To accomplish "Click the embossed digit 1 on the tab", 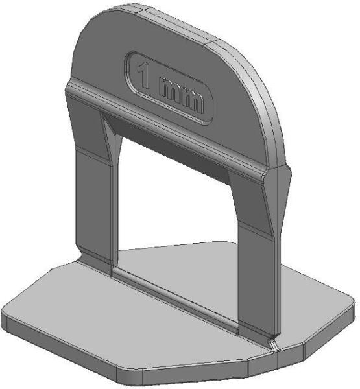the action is click(x=144, y=76).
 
